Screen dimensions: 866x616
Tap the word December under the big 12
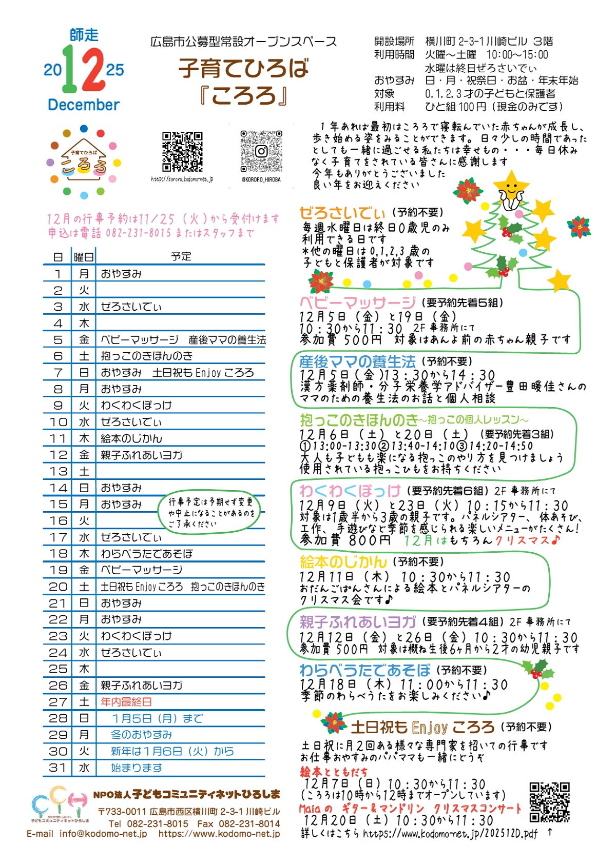pyautogui.click(x=84, y=105)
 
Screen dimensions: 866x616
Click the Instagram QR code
pyautogui.click(x=261, y=151)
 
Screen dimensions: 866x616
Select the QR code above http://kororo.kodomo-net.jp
pyautogui.click(x=182, y=152)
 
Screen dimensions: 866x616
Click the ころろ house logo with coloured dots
pyautogui.click(x=84, y=161)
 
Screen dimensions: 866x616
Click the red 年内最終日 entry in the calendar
pyautogui.click(x=126, y=702)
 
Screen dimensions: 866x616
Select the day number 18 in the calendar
pyautogui.click(x=58, y=554)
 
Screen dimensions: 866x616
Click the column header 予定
pyautogui.click(x=181, y=256)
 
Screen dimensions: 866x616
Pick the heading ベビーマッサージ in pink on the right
pyautogui.click(x=357, y=303)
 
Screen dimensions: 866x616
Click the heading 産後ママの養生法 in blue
pyautogui.click(x=357, y=361)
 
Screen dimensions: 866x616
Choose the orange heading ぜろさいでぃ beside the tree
pyautogui.click(x=342, y=213)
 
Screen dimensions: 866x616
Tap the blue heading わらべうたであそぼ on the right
pyautogui.click(x=365, y=670)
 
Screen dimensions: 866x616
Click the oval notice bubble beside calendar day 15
pyautogui.click(x=210, y=512)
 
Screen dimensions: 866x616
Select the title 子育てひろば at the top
pyautogui.click(x=243, y=69)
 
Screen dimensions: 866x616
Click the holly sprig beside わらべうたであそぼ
pyautogui.click(x=537, y=669)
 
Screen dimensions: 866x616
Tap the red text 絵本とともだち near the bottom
pyautogui.click(x=334, y=772)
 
